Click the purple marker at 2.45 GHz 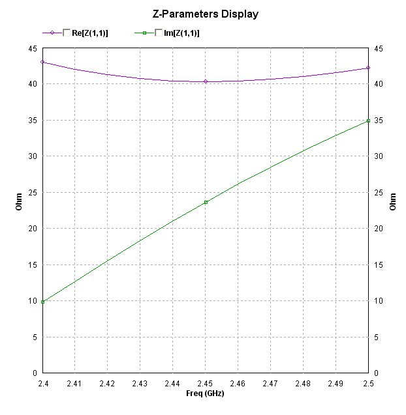(x=206, y=81)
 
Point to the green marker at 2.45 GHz (x=206, y=203)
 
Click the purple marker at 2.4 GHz (x=42, y=62)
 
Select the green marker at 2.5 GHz (x=369, y=121)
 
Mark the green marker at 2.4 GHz (x=42, y=302)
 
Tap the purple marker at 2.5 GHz (x=369, y=68)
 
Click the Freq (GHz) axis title (x=206, y=394)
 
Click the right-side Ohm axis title (x=392, y=203)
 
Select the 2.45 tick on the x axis (x=206, y=384)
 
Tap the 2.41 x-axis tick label (x=75, y=384)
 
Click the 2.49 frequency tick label (x=336, y=384)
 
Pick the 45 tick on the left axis (x=32, y=48)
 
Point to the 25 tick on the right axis (x=378, y=193)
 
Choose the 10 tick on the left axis (x=32, y=301)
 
